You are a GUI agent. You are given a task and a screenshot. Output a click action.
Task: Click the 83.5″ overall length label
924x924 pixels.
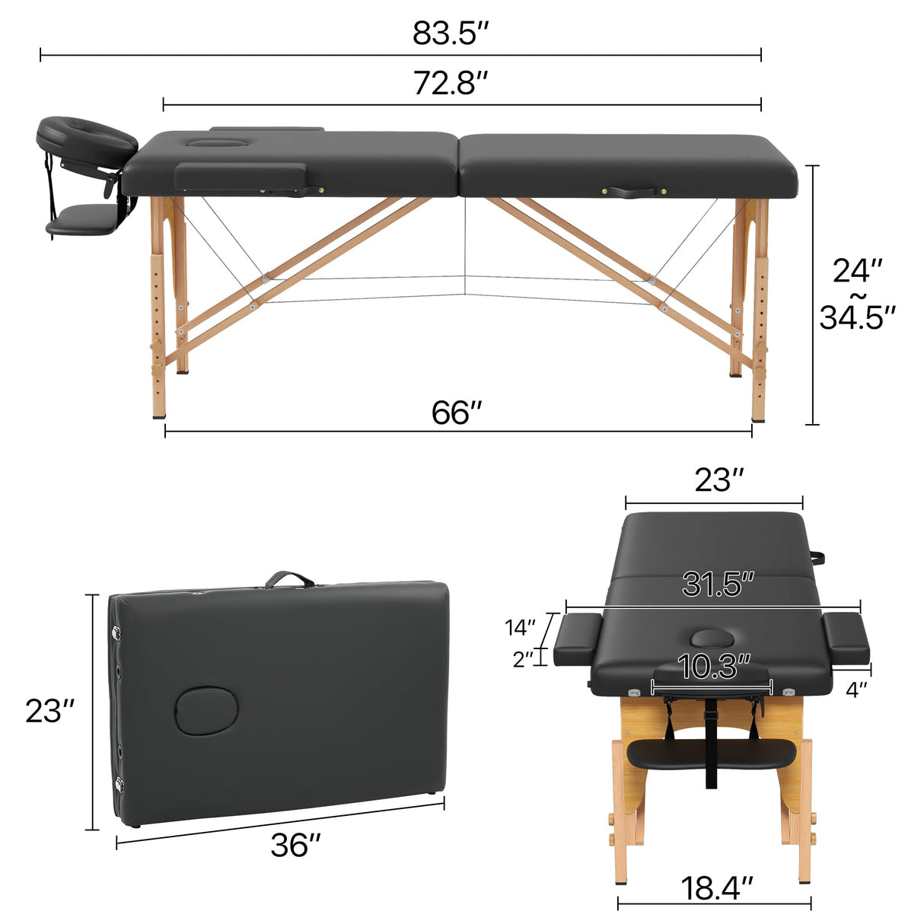pos(450,33)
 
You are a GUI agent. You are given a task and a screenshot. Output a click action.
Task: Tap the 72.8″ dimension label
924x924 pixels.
pos(450,82)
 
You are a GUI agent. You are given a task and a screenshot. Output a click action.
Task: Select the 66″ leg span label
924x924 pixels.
pos(457,413)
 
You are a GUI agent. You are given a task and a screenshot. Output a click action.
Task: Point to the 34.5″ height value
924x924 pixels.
pos(857,317)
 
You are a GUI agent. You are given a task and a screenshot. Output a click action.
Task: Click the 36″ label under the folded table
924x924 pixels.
pos(295,846)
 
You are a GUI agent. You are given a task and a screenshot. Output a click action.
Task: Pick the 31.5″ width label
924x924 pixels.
pos(718,584)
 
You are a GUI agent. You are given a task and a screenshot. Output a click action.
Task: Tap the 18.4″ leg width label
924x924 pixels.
pos(716,887)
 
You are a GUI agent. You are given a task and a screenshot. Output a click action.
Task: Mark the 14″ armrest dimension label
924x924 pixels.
pos(521,628)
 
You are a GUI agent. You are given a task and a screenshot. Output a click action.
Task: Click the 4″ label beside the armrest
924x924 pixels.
pos(858,690)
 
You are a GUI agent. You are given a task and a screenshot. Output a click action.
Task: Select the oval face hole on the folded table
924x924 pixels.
pos(207,710)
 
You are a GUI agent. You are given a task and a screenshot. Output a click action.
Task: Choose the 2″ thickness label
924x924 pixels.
pos(523,659)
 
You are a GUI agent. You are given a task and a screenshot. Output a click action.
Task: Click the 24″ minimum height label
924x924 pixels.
pos(857,271)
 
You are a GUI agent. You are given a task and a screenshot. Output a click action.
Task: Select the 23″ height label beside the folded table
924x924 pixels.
pos(50,711)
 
